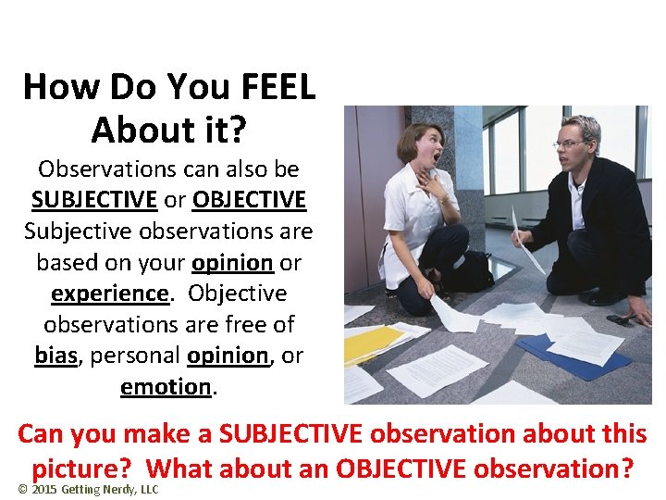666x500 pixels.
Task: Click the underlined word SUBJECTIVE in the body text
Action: coord(94,200)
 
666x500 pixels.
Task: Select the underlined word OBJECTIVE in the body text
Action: coord(250,200)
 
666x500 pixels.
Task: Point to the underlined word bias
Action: coord(55,356)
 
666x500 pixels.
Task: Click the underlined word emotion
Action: coord(166,386)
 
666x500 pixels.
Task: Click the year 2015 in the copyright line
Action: coord(43,489)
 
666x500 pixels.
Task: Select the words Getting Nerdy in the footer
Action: coord(99,489)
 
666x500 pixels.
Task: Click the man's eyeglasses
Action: coord(571,144)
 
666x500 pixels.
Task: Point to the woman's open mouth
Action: coord(430,155)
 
